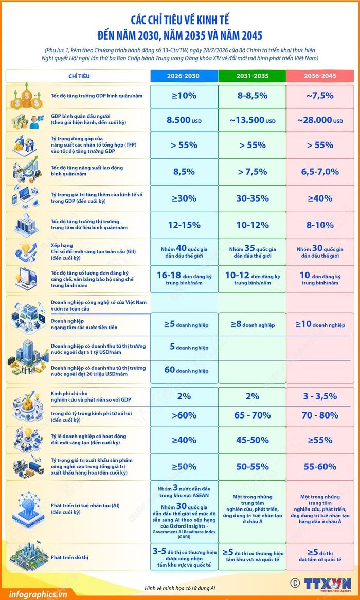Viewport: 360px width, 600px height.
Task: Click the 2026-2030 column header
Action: [183, 76]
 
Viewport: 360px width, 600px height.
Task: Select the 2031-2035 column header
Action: [252, 76]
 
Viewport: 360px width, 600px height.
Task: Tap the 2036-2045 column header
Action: [320, 76]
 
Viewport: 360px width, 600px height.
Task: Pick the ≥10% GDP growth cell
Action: [184, 96]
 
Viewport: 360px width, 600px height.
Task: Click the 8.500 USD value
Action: [184, 120]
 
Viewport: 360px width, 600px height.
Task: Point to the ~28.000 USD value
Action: [320, 120]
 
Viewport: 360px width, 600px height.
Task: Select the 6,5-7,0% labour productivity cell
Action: [320, 172]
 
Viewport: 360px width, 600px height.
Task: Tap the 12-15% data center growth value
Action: [184, 225]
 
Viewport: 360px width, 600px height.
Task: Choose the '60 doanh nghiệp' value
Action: [186, 370]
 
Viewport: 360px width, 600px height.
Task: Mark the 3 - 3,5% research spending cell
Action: [320, 396]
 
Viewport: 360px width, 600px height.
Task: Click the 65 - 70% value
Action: [252, 415]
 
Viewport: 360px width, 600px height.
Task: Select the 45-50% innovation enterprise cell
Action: [252, 440]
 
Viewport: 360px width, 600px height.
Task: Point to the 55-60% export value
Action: [320, 467]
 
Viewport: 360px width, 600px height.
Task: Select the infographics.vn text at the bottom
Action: [33, 594]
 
